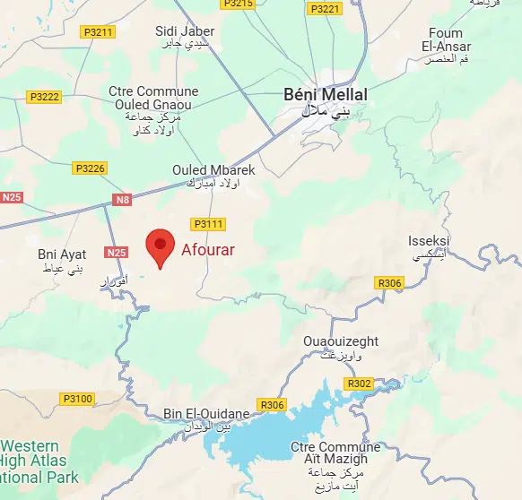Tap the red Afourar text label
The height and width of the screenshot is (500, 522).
click(x=207, y=250)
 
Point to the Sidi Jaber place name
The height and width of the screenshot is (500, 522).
click(x=185, y=31)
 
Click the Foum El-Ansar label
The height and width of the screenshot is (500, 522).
click(x=445, y=39)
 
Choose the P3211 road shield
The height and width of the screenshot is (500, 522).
click(x=98, y=32)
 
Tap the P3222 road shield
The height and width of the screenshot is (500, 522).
click(x=44, y=97)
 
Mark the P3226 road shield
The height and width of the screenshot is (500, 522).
click(x=91, y=168)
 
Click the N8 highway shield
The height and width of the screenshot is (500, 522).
click(x=123, y=200)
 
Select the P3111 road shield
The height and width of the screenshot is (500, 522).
click(x=207, y=224)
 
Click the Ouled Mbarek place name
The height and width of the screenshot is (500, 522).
click(x=213, y=170)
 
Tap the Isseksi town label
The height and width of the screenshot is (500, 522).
click(x=429, y=242)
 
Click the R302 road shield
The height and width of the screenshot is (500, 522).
click(x=359, y=384)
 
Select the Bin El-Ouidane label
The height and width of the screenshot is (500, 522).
click(x=206, y=413)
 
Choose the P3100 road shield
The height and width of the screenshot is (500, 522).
click(x=77, y=398)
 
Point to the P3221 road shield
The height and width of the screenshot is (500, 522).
click(x=325, y=9)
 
